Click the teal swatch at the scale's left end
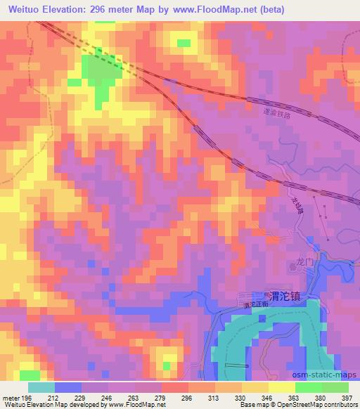coord(41,387)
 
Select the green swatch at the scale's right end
coord(335,387)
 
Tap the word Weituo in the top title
coord(25,9)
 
